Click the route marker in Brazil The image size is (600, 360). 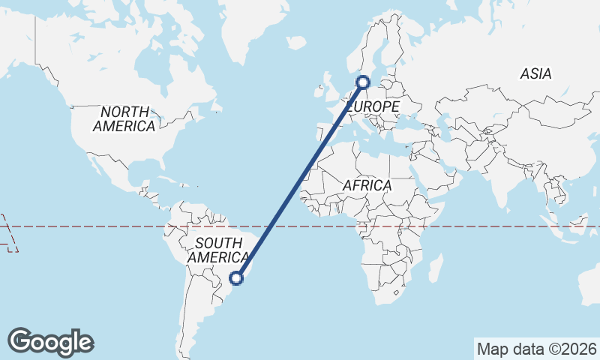coord(236,278)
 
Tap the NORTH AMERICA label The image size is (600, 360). coord(124,118)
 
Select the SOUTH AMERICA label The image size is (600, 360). coord(218,250)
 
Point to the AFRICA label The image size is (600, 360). coord(367,184)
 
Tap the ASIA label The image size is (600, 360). coord(535,73)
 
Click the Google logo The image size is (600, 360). coord(50,342)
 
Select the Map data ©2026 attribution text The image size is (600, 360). coord(536,349)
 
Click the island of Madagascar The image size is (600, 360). coord(434,267)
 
